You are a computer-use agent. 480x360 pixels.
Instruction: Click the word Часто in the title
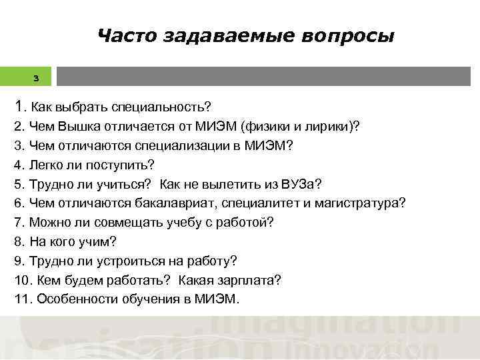(123, 35)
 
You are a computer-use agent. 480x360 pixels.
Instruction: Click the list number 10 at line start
(21, 281)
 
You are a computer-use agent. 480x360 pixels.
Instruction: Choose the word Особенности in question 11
(73, 300)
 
